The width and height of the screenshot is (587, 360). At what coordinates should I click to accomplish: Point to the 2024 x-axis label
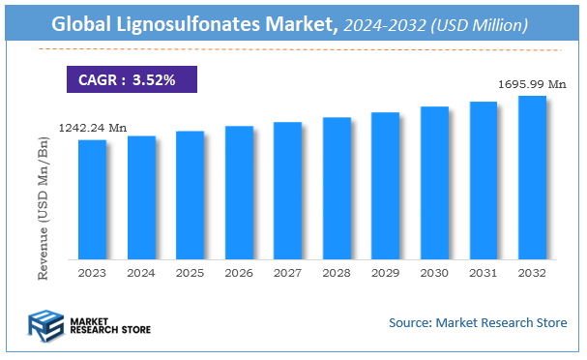tap(141, 274)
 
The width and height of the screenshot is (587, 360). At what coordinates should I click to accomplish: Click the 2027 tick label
tap(287, 274)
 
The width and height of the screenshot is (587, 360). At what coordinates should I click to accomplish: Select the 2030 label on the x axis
tap(434, 274)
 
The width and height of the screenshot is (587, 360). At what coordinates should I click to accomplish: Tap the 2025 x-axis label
tap(191, 274)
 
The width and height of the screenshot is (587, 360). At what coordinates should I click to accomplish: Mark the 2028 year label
tap(337, 274)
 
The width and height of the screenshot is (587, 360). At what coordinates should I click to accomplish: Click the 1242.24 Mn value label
tap(92, 127)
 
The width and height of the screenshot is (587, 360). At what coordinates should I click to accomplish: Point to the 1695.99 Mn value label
tap(532, 84)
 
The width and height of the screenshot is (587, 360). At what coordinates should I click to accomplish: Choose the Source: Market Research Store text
tap(478, 322)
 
